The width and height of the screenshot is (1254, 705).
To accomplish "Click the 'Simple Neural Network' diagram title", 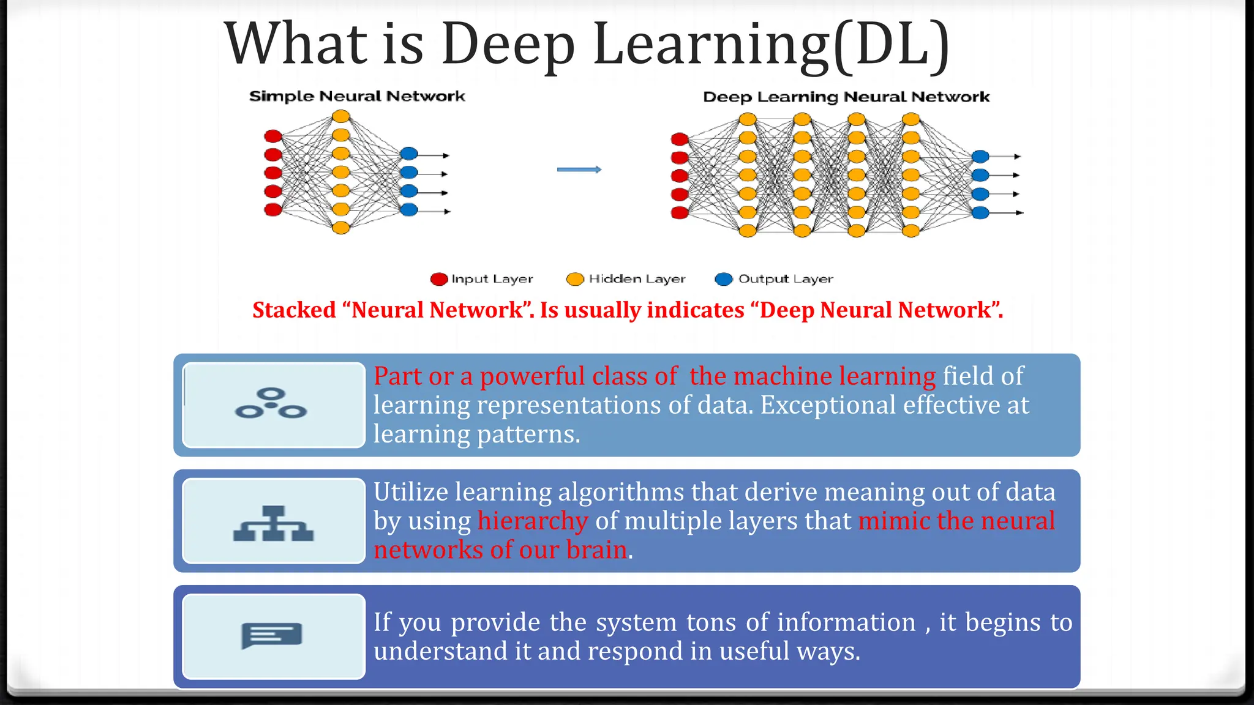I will tap(357, 96).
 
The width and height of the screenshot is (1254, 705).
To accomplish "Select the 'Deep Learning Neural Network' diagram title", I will tap(846, 97).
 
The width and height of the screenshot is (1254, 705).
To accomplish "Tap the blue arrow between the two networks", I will tap(579, 170).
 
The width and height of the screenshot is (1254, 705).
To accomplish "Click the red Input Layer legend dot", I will tap(439, 279).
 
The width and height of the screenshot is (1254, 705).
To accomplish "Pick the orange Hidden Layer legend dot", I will tap(575, 279).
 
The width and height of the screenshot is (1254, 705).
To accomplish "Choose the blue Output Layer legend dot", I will tap(724, 279).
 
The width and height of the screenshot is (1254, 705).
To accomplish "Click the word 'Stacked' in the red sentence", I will tap(294, 310).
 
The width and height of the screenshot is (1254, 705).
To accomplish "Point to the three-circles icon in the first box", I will tap(271, 403).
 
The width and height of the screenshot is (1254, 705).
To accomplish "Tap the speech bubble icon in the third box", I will tap(272, 635).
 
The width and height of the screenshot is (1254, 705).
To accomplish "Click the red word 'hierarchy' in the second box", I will tap(532, 521).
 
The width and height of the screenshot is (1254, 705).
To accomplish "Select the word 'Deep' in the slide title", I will tap(508, 44).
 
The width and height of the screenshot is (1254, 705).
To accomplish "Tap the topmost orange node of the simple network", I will tap(341, 116).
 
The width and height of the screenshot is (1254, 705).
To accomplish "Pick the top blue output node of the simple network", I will tap(409, 154).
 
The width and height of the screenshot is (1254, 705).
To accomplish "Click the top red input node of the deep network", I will tap(680, 140).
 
